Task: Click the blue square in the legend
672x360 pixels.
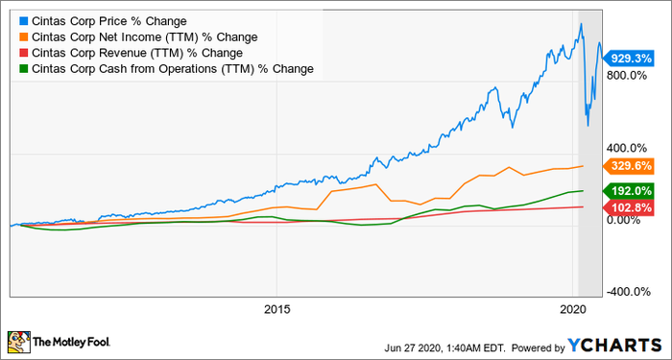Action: point(23,20)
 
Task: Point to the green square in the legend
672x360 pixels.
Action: point(23,68)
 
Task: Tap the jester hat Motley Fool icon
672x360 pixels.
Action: point(18,341)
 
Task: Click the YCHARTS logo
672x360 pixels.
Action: point(624,342)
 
